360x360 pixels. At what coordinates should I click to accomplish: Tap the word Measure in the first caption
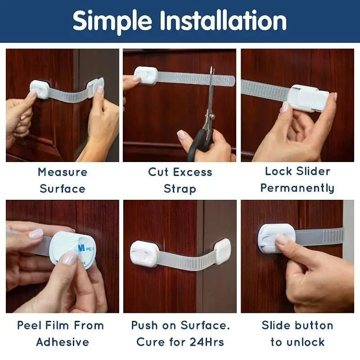pos(63,172)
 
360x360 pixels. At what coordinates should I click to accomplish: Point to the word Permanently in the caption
pos(297,188)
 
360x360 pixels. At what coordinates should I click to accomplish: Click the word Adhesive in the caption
pos(63,342)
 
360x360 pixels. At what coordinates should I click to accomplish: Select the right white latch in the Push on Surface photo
pos(223,250)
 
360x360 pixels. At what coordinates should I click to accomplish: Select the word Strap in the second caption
pos(180,188)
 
